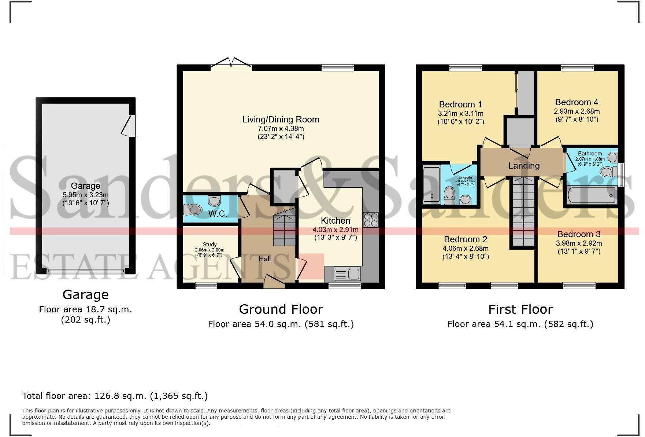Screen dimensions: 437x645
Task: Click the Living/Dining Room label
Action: pos(281,120)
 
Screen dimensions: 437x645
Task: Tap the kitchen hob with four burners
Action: pos(370,220)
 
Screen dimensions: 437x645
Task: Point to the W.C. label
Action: pos(218,214)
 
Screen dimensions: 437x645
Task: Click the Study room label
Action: pos(210,245)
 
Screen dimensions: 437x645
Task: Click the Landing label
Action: pos(524,166)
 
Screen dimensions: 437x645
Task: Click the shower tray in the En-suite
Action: pos(432,185)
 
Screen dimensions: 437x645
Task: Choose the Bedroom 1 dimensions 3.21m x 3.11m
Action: pos(460,114)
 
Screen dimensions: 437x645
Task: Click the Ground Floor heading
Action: pos(281,309)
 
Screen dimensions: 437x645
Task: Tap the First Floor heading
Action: pos(520,309)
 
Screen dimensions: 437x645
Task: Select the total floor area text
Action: pos(115,396)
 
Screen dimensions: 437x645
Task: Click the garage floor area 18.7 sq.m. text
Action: pos(85,309)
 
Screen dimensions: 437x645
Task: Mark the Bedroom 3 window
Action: pos(579,285)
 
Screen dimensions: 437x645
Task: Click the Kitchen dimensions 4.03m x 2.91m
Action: pos(335,229)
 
